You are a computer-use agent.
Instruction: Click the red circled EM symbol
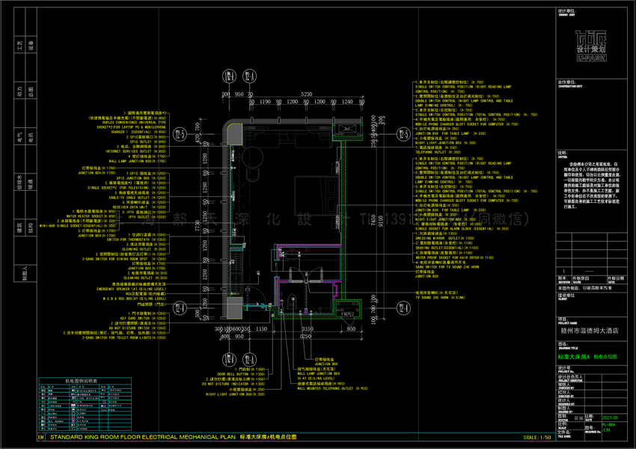point(40,436)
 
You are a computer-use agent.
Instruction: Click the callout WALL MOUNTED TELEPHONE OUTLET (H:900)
point(332,389)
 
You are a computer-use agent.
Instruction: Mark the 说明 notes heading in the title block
point(562,152)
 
